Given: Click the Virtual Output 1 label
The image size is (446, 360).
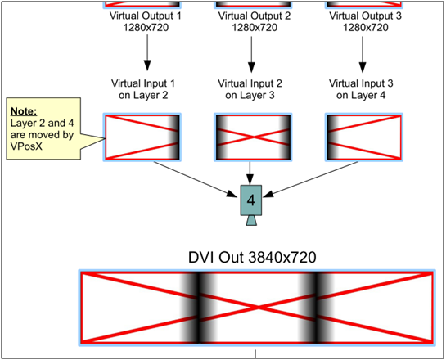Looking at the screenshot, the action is [145, 16].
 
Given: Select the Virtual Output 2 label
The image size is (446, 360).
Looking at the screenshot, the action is [255, 16].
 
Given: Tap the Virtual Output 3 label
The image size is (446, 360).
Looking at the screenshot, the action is [365, 16].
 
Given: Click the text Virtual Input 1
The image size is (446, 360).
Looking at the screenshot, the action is [143, 83].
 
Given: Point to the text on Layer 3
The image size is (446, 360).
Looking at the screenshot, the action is [250, 95].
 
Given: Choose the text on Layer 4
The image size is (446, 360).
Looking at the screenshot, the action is [361, 95].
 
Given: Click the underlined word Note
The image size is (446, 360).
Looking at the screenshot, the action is [24, 111].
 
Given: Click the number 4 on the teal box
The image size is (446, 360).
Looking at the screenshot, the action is [251, 200].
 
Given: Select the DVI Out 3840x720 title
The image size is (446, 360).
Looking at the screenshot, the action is [252, 258].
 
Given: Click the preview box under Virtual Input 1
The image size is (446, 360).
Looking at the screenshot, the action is [142, 137].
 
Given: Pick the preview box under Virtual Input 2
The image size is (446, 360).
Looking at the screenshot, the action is [253, 137].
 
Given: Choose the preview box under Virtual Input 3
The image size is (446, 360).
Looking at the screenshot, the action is [364, 137].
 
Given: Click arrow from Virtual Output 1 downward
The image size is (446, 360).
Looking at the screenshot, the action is [147, 52].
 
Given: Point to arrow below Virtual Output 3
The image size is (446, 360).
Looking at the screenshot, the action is [362, 54].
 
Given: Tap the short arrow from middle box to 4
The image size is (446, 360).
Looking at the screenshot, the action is [250, 173].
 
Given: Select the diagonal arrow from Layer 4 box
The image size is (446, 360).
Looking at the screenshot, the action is [311, 179].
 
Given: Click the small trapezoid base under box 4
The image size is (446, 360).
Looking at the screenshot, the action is [251, 221].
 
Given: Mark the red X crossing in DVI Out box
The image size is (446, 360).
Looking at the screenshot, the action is [257, 308].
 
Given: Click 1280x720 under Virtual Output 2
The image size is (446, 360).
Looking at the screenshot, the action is [255, 28].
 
